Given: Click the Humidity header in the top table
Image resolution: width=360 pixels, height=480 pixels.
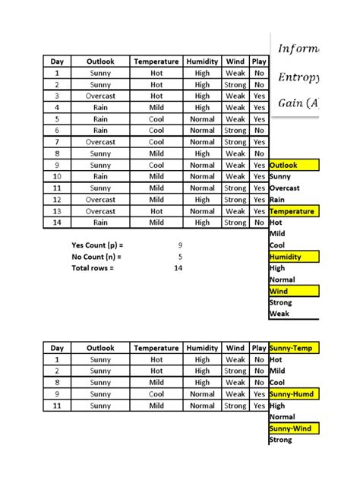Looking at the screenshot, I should (202, 62).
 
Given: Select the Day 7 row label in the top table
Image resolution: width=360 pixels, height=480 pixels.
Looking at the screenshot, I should (56, 142).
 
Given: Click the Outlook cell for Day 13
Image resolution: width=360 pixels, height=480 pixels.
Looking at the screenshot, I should (100, 211).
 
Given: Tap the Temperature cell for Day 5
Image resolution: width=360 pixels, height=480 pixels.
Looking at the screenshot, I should (156, 119).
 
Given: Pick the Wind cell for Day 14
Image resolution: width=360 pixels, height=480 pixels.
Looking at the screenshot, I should (235, 223).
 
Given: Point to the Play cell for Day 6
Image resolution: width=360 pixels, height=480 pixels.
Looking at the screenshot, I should (259, 131).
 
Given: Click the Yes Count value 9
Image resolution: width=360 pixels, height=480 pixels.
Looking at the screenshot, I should (179, 245).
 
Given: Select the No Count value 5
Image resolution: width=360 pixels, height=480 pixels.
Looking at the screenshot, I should (179, 257).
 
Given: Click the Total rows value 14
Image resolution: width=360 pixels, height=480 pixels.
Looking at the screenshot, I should (178, 268).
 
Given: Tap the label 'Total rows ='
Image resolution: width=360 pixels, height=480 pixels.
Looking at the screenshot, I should (97, 268).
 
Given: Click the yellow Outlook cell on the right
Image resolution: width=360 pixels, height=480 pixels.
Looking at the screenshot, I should (294, 165).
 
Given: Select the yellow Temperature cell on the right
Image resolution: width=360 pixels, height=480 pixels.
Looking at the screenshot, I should (294, 211).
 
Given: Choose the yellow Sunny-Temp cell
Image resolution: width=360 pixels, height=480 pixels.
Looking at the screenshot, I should (294, 348).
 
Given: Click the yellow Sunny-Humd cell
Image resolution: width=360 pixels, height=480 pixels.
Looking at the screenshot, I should (294, 394).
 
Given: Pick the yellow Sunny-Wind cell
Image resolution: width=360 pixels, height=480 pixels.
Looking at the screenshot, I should (294, 428).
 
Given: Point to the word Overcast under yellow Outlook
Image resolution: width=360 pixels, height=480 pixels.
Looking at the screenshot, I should (285, 188).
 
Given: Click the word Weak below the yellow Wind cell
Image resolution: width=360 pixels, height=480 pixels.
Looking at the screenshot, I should (279, 314).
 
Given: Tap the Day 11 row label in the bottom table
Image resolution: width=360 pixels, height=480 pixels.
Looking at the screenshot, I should (56, 406).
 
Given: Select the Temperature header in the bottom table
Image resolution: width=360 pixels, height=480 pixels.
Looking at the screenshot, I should (156, 348).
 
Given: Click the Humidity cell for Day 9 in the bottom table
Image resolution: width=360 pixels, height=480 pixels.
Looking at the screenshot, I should (202, 394).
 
